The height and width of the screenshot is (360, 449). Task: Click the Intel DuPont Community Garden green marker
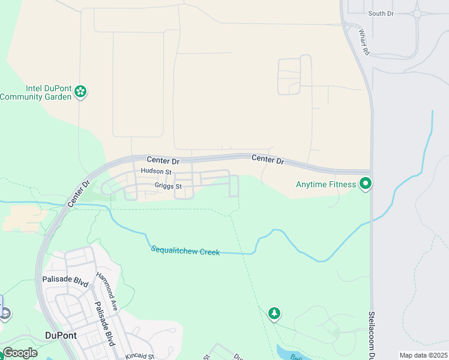point(80,92)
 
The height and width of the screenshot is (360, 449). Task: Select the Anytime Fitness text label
point(326,184)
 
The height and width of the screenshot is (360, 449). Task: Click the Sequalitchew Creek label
point(185,250)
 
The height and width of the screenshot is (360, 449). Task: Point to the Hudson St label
point(156,172)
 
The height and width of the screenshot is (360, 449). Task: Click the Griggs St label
point(167,187)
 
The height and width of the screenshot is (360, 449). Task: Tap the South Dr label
point(381,13)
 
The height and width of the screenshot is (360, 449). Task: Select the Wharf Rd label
point(363,42)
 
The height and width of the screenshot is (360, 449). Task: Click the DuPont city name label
point(61,335)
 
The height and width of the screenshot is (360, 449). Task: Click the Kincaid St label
point(140,356)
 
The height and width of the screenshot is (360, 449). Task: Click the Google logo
point(20,353)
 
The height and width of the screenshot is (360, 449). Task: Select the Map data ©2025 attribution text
point(423,355)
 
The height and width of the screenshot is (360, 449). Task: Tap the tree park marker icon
point(274,313)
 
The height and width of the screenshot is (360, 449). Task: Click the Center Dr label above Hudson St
point(163,161)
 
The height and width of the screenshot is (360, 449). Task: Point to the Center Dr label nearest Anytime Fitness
point(267,159)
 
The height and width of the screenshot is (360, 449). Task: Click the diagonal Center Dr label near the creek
point(79,194)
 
